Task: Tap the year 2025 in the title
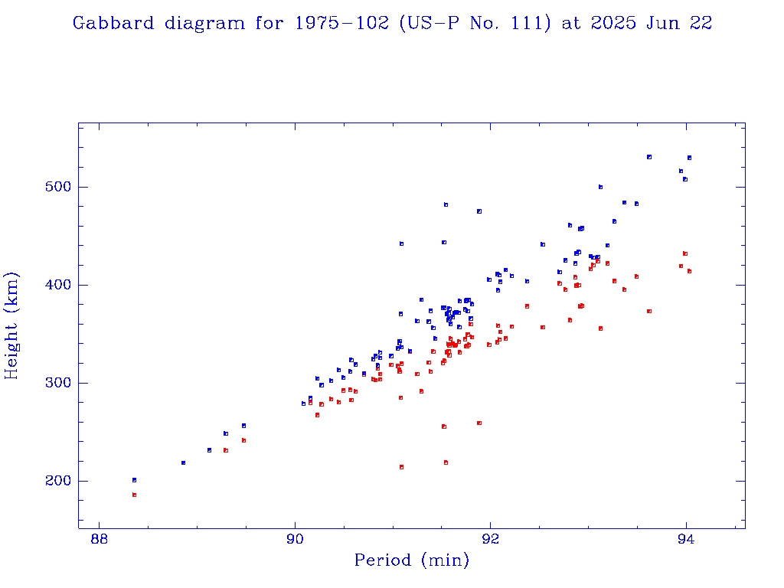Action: point(612,24)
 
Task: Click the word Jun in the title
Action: point(668,24)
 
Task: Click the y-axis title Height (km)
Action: point(12,325)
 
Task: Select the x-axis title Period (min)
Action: point(411,560)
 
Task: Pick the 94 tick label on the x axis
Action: point(686,538)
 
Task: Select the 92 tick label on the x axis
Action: point(491,538)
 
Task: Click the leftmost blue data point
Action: point(134,480)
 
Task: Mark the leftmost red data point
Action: point(134,495)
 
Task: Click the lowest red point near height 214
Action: point(401,467)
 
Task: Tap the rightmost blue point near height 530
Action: point(689,158)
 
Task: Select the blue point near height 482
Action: point(446,204)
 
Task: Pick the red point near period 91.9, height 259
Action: point(479,423)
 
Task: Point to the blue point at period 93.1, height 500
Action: point(600,187)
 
